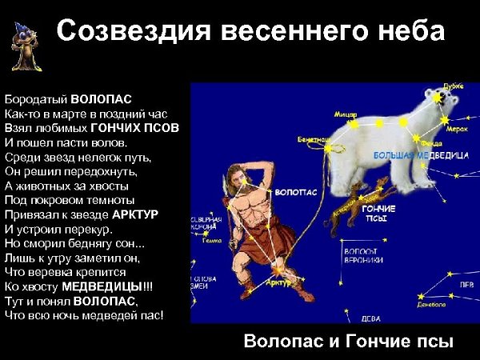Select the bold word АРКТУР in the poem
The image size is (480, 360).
pos(135,214)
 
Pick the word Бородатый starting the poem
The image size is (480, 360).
pos(36,99)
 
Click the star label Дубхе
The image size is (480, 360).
pos(454,87)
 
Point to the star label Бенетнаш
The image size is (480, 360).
pos(313,140)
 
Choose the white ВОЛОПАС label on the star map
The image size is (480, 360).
pos(291,193)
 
